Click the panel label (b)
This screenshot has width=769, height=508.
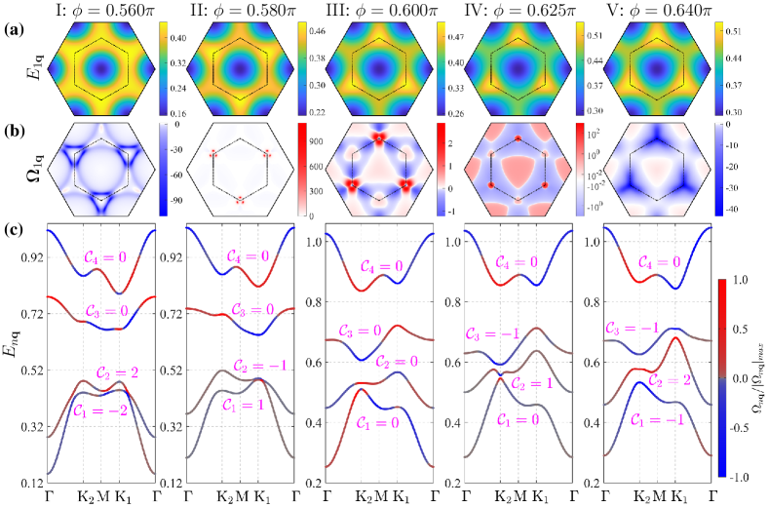[x=11, y=127]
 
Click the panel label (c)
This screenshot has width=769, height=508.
[x=11, y=230]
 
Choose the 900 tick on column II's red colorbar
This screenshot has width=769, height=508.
[x=308, y=139]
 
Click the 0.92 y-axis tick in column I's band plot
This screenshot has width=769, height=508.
[x=29, y=258]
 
